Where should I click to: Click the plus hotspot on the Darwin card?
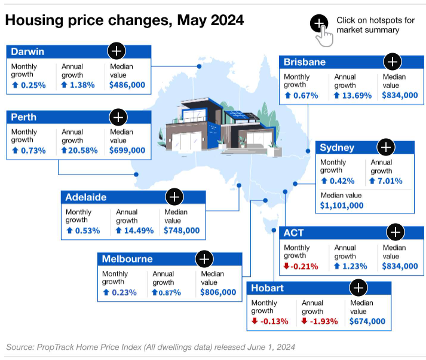point(116,50)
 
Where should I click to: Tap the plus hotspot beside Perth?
point(119,117)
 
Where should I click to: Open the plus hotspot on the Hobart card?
point(358,288)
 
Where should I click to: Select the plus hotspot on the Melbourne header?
point(204,259)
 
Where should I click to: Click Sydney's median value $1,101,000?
point(342,205)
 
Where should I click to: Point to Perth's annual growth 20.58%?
point(83,151)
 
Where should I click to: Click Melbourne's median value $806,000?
point(218,292)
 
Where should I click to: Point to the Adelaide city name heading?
point(86,197)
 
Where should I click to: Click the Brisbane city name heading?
point(305,62)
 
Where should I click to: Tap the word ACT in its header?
point(294,233)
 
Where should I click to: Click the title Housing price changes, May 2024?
point(124,20)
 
